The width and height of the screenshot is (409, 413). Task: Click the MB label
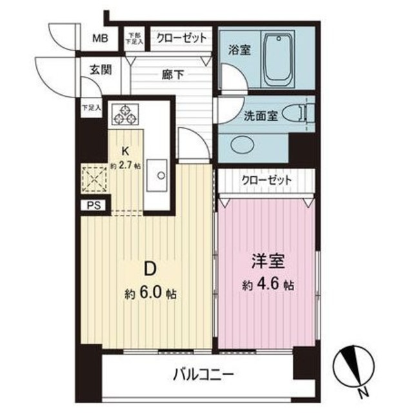pos(99,38)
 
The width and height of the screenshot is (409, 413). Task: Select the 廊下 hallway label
pos(172,74)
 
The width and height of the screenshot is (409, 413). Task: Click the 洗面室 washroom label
pos(260,116)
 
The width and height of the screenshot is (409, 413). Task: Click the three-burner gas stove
pos(125,114)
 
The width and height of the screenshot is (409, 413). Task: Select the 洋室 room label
pos(267,263)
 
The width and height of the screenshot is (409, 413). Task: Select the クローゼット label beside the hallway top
pos(181,37)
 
